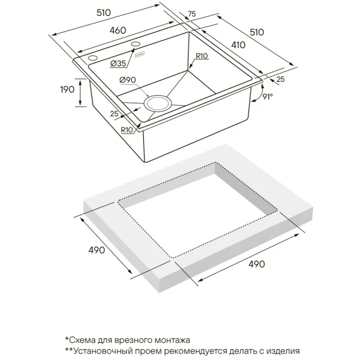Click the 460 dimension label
point(118,30)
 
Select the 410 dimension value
point(238,45)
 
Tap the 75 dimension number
point(191,14)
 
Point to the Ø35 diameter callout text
point(118,63)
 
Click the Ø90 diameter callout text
point(127,80)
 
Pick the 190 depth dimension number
point(67,89)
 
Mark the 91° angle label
point(267,97)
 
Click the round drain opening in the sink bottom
point(158,103)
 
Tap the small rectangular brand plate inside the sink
point(139,55)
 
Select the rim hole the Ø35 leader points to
point(136,44)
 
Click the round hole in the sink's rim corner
point(93,58)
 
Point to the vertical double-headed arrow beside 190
point(80,93)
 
